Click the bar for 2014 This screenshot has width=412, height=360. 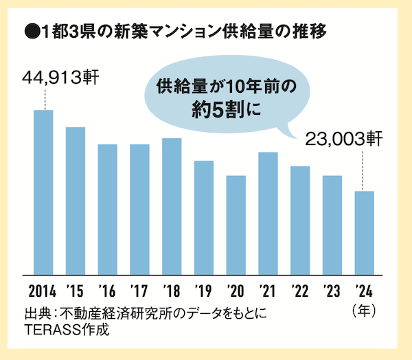pyautogui.click(x=43, y=191)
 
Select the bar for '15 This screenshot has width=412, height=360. pyautogui.click(x=76, y=199)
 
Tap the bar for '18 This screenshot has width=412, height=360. pyautogui.click(x=172, y=205)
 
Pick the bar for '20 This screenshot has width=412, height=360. pyautogui.click(x=236, y=224)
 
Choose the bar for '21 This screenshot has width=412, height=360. pyautogui.click(x=268, y=212)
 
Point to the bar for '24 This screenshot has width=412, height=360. pyautogui.click(x=364, y=232)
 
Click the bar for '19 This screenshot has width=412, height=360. pyautogui.click(x=204, y=216)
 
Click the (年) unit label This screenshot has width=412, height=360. pyautogui.click(x=364, y=310)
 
